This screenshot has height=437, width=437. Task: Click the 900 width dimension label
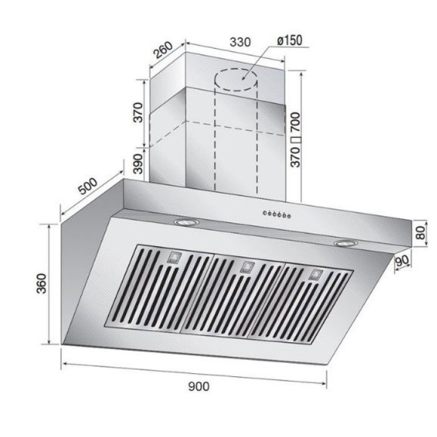click(x=198, y=387)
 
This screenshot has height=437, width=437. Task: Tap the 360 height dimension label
click(x=42, y=283)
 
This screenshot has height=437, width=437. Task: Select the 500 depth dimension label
click(x=88, y=186)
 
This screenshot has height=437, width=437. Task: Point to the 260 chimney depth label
click(x=164, y=50)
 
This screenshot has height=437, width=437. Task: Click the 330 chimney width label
click(x=240, y=42)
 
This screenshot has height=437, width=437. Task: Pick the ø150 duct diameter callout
click(x=290, y=41)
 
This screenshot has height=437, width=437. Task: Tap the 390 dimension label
click(x=138, y=164)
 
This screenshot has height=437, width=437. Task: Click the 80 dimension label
click(x=420, y=232)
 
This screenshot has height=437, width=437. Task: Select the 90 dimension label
click(x=402, y=260)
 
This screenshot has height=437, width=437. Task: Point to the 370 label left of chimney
click(x=138, y=113)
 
